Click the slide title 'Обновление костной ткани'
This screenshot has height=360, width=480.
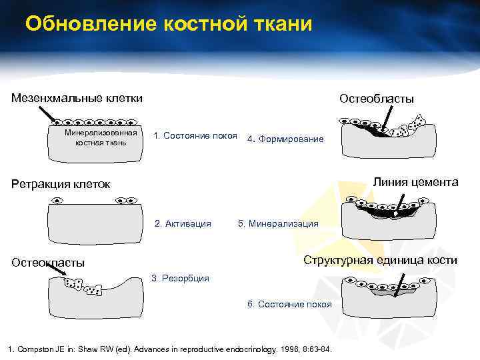click(x=168, y=25)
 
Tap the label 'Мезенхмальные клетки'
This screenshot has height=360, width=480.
click(x=77, y=98)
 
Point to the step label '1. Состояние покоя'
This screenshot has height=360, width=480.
click(x=195, y=136)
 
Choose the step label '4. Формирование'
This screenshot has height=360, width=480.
click(x=285, y=139)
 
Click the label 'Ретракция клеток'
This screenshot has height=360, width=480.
click(x=61, y=183)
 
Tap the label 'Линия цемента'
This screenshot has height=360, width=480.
click(x=415, y=181)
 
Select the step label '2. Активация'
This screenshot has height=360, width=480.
click(x=183, y=224)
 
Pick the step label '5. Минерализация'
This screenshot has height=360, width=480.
click(x=278, y=224)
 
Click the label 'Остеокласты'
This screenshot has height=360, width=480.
click(x=48, y=262)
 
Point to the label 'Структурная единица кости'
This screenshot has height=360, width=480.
click(x=380, y=260)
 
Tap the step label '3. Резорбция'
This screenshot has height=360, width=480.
click(x=181, y=278)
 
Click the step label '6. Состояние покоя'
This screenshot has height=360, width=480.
click(x=289, y=304)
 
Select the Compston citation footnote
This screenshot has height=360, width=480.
click(x=169, y=350)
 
